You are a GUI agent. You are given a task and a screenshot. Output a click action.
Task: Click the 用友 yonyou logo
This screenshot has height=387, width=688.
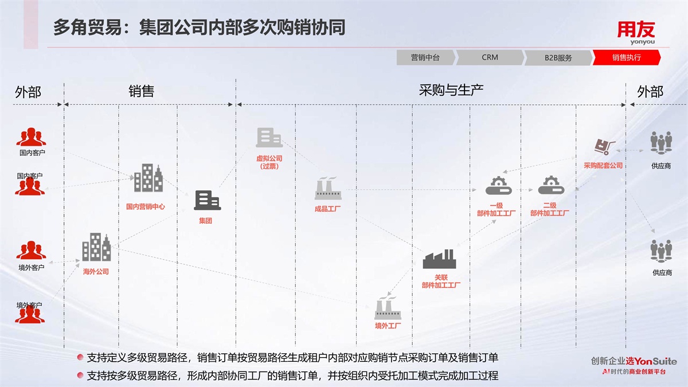pos(636,33)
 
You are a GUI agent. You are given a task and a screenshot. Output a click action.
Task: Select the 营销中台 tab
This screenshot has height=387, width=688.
pos(425,57)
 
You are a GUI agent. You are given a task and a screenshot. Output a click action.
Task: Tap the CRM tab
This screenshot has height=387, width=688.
pos(490,57)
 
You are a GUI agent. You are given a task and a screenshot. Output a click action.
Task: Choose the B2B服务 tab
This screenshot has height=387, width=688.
pos(558,57)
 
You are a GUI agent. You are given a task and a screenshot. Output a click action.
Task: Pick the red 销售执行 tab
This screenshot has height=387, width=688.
pos(626,57)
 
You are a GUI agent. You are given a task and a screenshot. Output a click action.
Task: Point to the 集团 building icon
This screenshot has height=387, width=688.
pos(207,200)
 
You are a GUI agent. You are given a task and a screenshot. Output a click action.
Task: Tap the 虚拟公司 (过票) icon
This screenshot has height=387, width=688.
pos(269,138)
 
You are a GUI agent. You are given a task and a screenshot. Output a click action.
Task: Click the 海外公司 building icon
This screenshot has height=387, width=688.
pos(96,248)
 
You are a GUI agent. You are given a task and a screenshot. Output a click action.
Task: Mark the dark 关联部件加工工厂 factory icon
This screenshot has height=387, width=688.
pos(439,260)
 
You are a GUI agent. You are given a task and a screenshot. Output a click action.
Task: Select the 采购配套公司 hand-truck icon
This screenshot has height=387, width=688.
pos(604,147)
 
